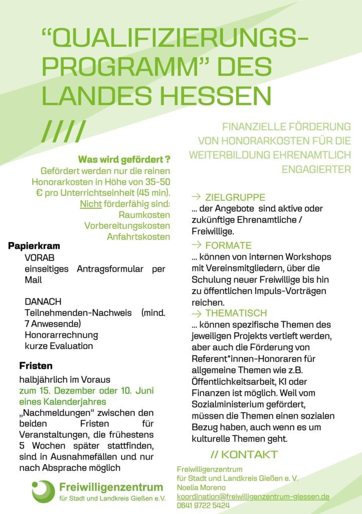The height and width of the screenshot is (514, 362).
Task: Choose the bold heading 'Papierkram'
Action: [34, 246]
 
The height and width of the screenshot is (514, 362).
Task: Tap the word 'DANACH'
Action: [43, 302]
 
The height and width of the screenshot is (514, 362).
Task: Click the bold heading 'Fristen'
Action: [36, 366]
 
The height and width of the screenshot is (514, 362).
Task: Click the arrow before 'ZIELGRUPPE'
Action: [197, 197]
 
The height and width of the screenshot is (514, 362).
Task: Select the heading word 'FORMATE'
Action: [228, 245]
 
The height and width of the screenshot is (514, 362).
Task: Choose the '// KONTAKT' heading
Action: [244, 455]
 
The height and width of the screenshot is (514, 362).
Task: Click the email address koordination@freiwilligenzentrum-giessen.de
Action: [253, 496]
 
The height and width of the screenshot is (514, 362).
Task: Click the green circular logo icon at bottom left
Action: [43, 491]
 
